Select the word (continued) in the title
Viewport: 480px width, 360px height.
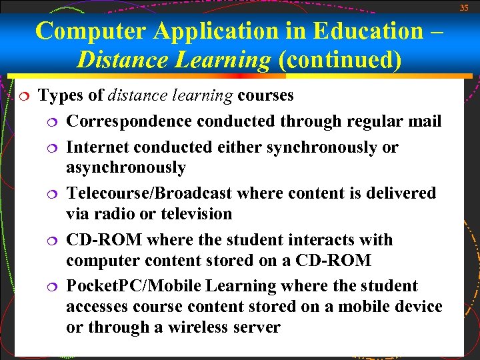click(x=340, y=61)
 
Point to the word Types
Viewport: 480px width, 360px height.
click(x=62, y=95)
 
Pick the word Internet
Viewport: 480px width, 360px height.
click(x=98, y=147)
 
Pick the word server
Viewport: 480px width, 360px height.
click(x=257, y=327)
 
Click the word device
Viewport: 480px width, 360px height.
click(x=417, y=307)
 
